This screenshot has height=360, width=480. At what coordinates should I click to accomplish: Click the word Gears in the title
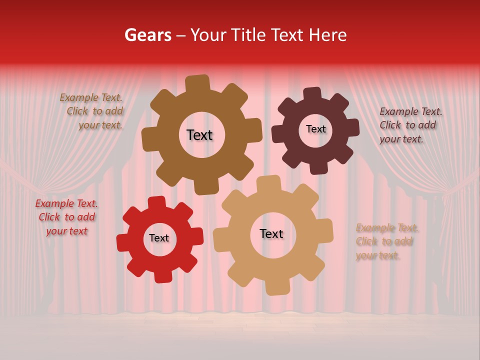click(x=147, y=35)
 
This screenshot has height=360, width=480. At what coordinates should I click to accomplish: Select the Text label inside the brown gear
click(x=199, y=135)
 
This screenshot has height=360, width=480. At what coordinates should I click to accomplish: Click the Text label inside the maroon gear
click(x=315, y=129)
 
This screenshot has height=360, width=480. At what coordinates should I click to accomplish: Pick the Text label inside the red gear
click(x=159, y=238)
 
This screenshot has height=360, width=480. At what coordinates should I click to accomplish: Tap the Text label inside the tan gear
click(x=271, y=234)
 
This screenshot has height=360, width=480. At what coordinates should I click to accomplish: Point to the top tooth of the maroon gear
click(x=313, y=94)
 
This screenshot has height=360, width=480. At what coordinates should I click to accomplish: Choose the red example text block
click(x=66, y=217)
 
